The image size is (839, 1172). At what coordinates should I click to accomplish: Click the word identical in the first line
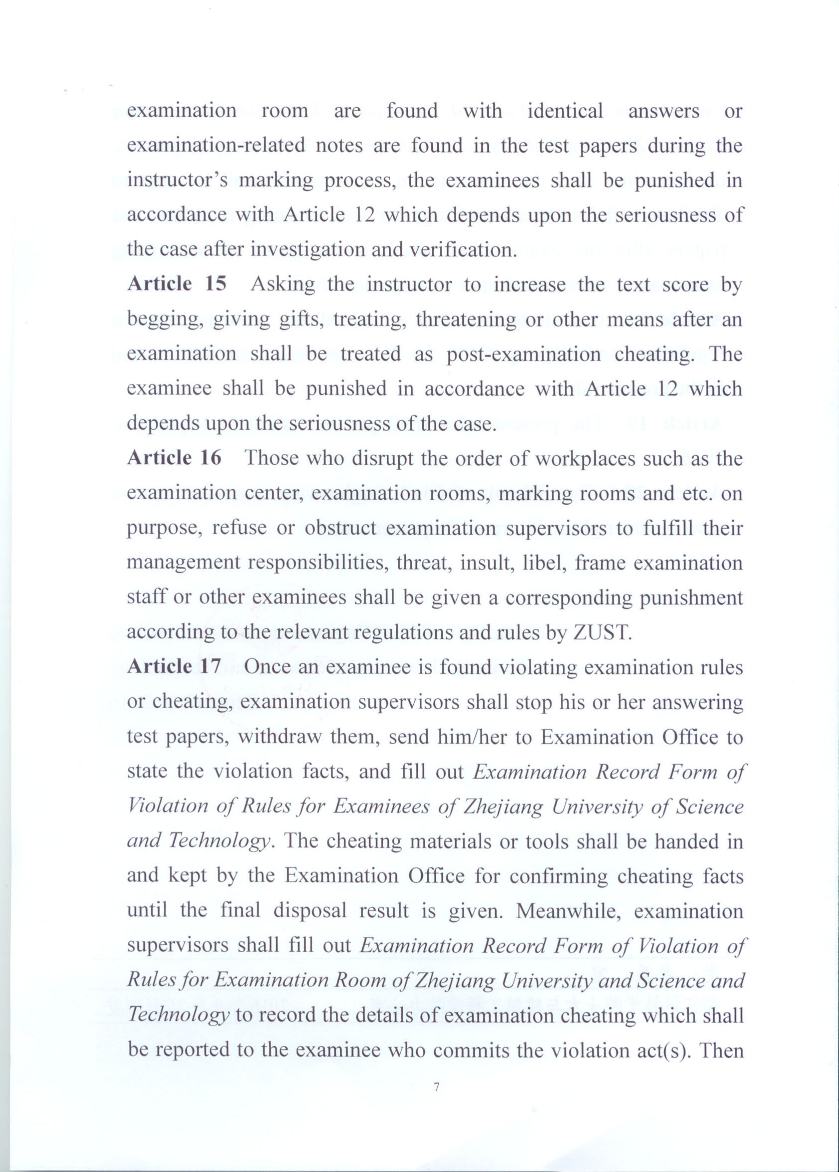tap(565, 111)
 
